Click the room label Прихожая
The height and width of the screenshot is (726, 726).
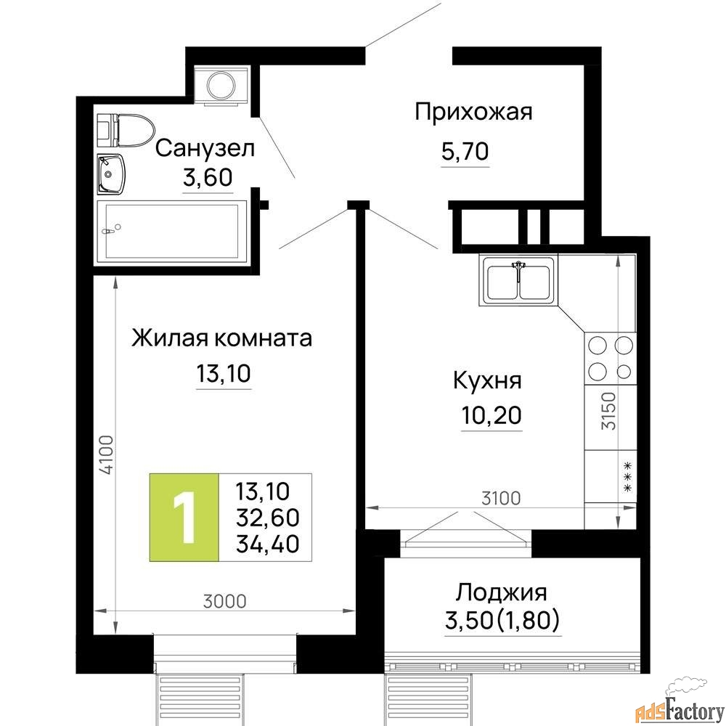coord(473,112)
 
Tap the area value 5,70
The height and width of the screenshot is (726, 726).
coord(465,151)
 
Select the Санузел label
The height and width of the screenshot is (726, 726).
coord(205,148)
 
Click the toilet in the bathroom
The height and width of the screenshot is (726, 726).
coord(126,130)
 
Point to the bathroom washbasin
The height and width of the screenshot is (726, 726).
coord(110,174)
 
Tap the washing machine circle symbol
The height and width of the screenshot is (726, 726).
coord(221,85)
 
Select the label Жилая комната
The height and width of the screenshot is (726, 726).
coord(221,338)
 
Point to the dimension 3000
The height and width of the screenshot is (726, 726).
coord(225,601)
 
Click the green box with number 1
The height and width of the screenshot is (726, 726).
coord(184,518)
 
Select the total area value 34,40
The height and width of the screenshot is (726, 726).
coord(267,544)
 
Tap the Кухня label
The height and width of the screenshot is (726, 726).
coord(487,380)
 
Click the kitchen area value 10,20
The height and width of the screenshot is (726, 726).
coord(492,415)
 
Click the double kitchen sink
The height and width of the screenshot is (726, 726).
coord(518,280)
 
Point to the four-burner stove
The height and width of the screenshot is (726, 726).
coord(611,359)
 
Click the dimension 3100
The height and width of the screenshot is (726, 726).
coord(501,498)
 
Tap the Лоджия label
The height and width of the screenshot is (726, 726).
coord(502,592)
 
